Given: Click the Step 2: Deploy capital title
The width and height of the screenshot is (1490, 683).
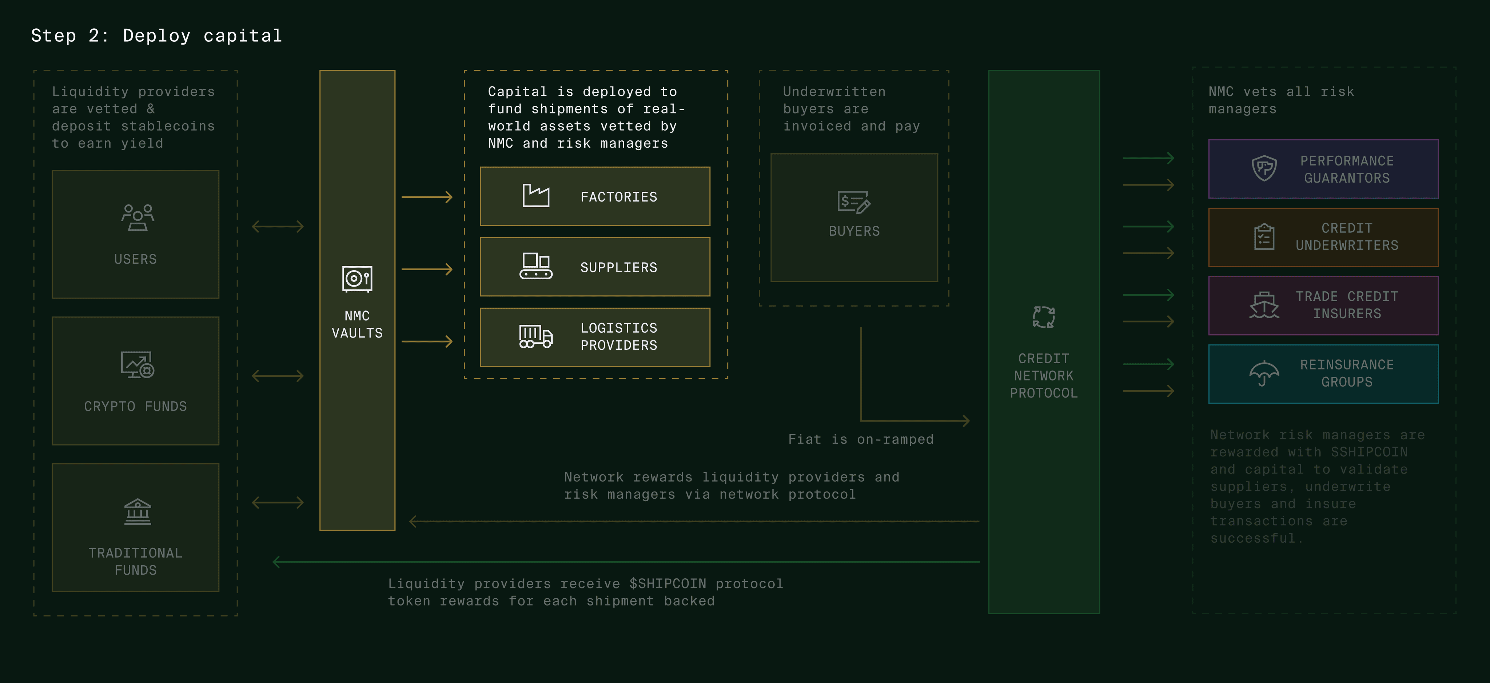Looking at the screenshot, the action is click(156, 36).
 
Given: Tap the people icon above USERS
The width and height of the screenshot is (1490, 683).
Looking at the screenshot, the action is click(137, 217).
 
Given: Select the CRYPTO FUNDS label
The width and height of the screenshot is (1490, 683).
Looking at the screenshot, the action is click(135, 407).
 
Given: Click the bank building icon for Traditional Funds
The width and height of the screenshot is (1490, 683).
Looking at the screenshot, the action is click(137, 512).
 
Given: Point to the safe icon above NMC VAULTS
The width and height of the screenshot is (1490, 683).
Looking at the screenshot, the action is click(357, 279).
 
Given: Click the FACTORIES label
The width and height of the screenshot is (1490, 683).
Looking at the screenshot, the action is click(618, 197).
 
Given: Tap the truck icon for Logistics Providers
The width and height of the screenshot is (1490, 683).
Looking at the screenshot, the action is click(535, 336).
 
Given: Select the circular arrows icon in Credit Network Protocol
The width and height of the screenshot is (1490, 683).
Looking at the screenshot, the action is click(1043, 317).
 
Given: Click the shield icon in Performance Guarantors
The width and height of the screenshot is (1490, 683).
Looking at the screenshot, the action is click(1264, 168).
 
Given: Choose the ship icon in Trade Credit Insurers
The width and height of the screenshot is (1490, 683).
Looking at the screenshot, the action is click(1264, 305).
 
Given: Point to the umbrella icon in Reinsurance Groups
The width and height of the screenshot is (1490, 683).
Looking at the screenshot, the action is click(1264, 373).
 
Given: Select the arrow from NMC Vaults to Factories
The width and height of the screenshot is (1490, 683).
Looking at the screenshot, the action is click(427, 197).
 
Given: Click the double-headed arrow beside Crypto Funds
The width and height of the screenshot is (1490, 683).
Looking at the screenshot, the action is click(278, 376).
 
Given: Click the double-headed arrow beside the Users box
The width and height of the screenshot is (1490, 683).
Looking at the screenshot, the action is click(278, 226).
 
